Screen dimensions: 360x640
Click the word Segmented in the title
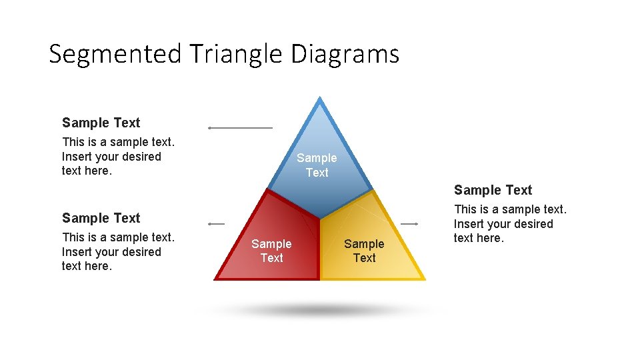coord(115,53)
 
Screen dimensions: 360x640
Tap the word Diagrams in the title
coord(345,53)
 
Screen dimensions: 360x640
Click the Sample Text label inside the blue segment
coord(317,165)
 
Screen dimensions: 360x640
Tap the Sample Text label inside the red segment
coord(271,251)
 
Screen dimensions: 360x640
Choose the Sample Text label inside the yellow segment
coord(364,251)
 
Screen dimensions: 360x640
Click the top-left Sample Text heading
coord(101,123)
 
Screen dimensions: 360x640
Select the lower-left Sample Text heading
coord(101,218)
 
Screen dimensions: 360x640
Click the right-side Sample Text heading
coord(493,190)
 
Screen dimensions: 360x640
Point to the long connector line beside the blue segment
coord(240,127)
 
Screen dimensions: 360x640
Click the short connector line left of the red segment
coord(217,224)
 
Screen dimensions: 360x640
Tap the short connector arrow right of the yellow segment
coord(409,224)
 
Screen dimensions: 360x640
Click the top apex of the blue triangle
coord(320,99)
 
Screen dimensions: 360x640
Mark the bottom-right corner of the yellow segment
coord(423,279)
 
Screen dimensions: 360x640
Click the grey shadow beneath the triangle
coord(320,310)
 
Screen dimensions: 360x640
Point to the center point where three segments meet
coord(320,219)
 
